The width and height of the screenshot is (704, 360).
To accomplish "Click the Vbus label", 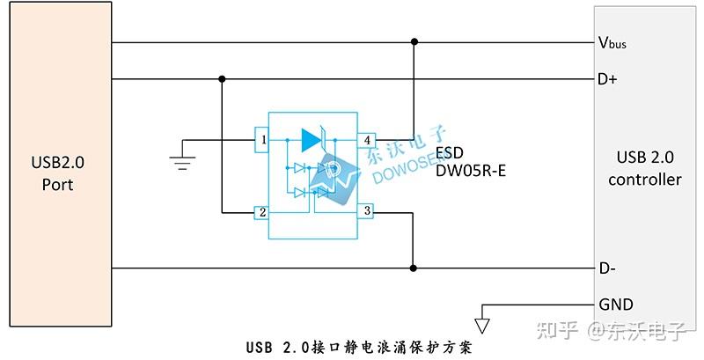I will coord(612,42).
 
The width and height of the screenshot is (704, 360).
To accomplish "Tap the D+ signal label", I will coord(607,79).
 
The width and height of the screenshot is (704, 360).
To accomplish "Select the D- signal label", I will coord(606,268).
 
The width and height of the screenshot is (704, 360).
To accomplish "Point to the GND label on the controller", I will coord(615,305).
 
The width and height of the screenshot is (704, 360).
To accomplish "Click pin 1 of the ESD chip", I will coord(261,139).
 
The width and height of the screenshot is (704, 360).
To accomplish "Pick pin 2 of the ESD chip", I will coord(261,212).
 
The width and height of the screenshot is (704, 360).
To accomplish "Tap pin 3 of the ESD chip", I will coord(368,211).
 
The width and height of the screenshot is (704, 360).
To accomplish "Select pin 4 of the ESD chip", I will coord(368,139).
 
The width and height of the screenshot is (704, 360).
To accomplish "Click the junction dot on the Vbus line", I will coord(414,42).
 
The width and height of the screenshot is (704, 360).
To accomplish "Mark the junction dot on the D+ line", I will coord(222,79).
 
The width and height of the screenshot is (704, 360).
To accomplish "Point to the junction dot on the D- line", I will coord(414,268).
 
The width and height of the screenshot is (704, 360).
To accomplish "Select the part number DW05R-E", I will coord(470,170).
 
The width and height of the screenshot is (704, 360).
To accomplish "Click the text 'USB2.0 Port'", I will coord(57,173).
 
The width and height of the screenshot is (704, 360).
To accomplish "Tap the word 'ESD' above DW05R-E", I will coord(450,151).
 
